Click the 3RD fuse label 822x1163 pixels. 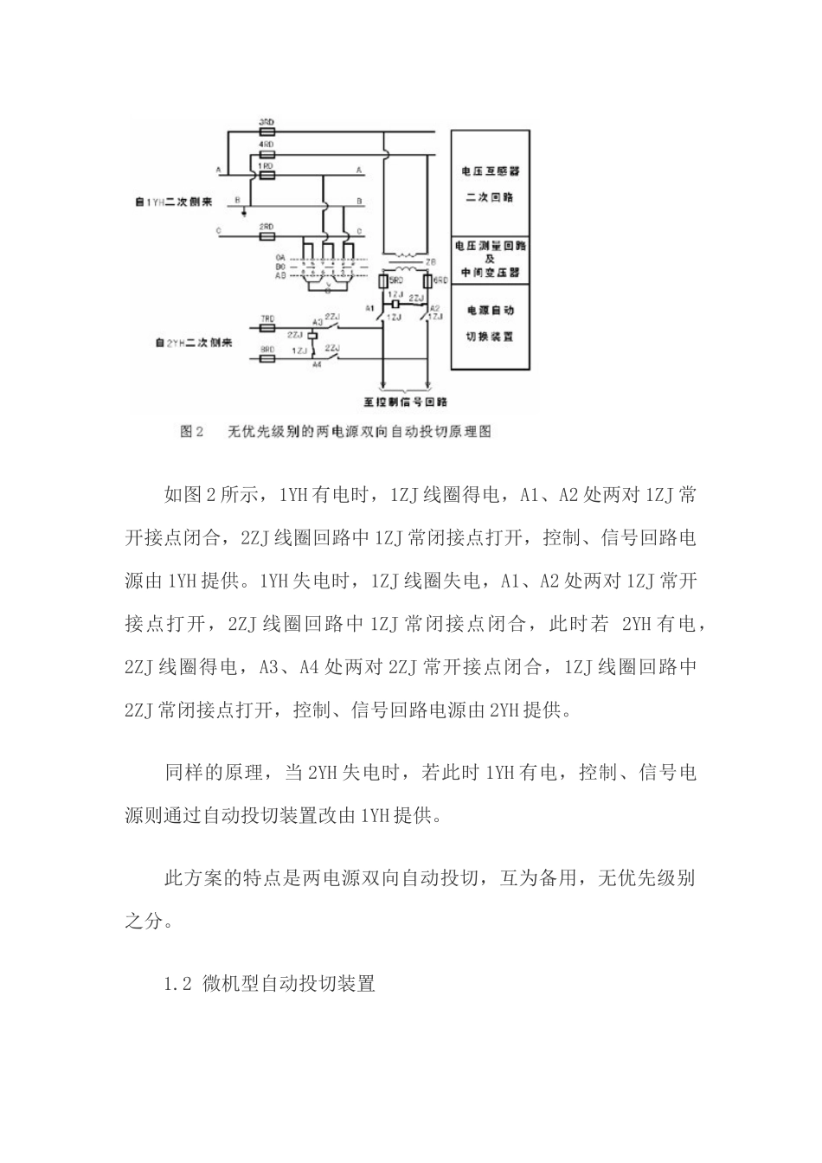click(x=267, y=123)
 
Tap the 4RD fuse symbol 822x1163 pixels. click(x=267, y=154)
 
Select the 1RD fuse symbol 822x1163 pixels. click(x=267, y=174)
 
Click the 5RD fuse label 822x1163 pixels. click(x=394, y=281)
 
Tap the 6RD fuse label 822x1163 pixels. click(x=440, y=281)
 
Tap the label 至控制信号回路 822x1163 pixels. click(x=399, y=402)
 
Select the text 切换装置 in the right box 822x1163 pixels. click(x=490, y=336)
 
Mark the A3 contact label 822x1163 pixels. click(x=317, y=323)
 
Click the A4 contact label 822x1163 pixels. click(x=317, y=364)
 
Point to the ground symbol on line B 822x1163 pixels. click(x=246, y=210)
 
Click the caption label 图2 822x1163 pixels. click(x=191, y=431)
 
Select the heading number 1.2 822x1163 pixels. click(x=177, y=984)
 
